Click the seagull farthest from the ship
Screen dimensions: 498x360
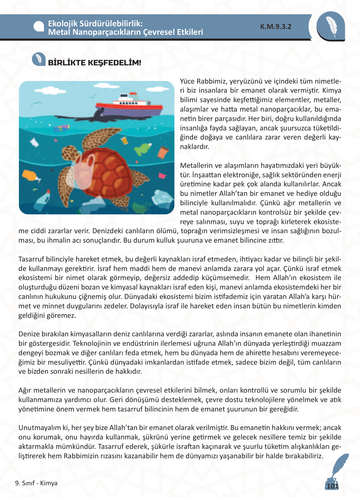(36, 103)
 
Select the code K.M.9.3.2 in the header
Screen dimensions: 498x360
(276, 27)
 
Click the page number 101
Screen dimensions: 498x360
(332, 486)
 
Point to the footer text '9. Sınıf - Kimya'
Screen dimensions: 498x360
(36, 483)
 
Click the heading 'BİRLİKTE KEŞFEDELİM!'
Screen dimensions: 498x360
(94, 63)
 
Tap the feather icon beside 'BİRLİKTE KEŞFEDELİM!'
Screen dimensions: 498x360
(39, 59)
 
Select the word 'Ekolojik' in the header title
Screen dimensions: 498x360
(62, 23)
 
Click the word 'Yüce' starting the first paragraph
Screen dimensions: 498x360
(187, 81)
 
